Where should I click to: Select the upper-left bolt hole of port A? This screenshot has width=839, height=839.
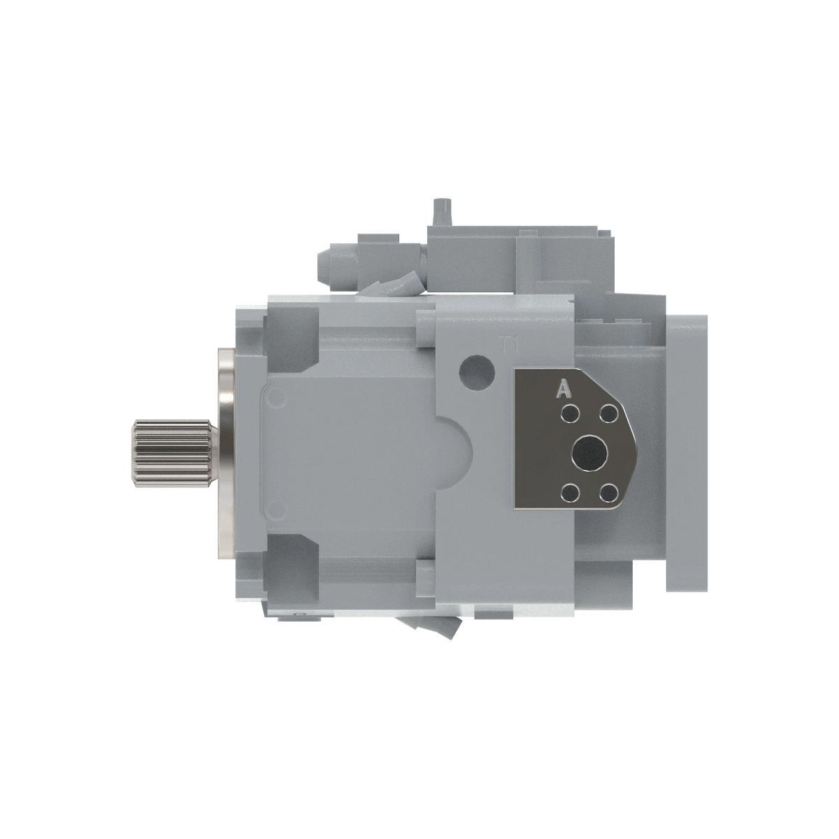pyautogui.click(x=571, y=415)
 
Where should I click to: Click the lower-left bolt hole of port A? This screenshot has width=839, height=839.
pyautogui.click(x=571, y=492)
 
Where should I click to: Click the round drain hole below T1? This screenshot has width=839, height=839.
pyautogui.click(x=478, y=370)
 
